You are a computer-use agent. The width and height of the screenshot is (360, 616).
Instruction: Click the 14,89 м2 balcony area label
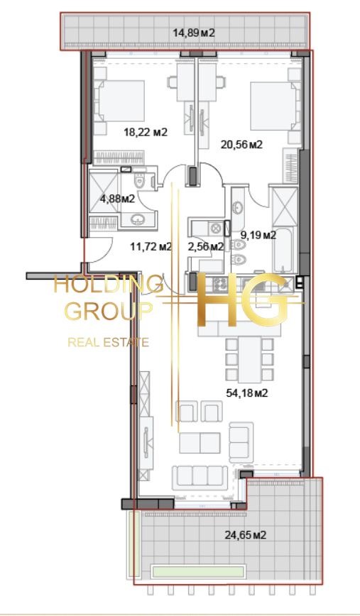click(x=194, y=32)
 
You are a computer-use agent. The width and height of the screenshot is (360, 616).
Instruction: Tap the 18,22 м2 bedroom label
click(x=145, y=131)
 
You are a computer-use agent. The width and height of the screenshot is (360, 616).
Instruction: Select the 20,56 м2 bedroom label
click(x=241, y=144)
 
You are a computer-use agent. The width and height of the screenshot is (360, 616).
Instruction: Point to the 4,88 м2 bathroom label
click(x=117, y=199)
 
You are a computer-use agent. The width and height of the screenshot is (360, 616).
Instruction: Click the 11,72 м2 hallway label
click(x=151, y=247)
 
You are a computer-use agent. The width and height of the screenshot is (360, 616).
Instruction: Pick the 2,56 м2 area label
click(x=206, y=247)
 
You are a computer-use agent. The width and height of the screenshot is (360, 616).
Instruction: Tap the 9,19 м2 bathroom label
click(x=258, y=233)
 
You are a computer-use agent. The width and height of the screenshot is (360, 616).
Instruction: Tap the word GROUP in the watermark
click(x=107, y=311)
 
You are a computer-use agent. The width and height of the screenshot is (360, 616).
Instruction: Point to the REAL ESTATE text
click(x=108, y=343)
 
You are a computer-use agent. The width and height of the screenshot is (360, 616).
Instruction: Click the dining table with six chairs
click(x=249, y=359)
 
